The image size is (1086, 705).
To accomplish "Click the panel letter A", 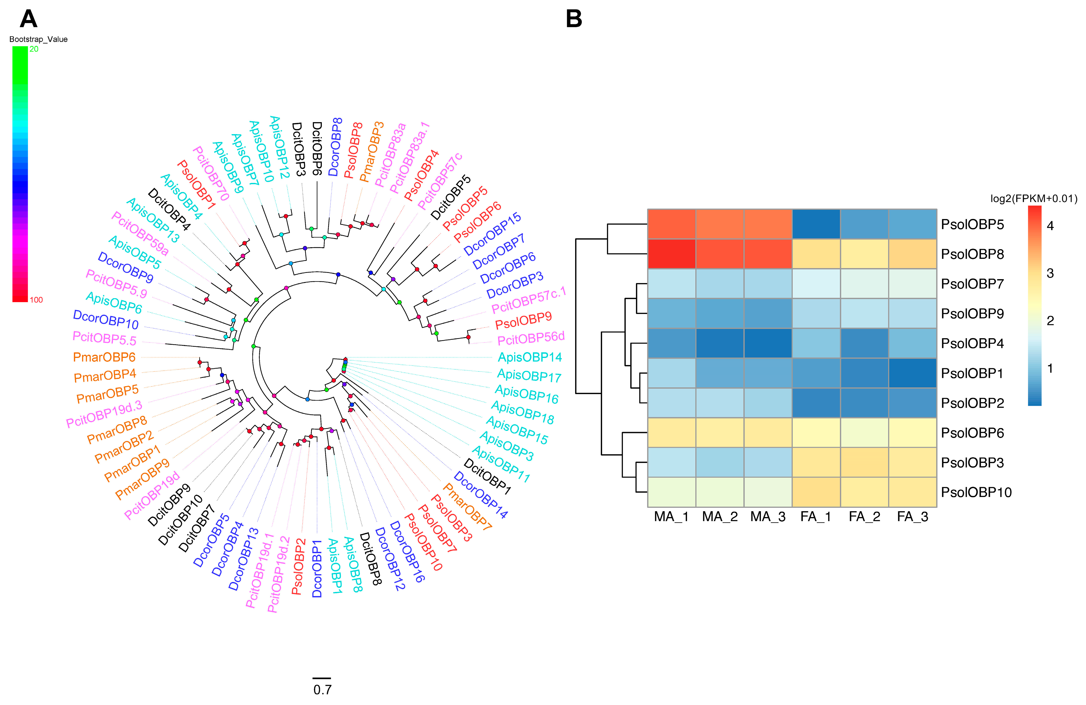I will (28, 19).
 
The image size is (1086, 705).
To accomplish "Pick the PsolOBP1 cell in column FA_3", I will (913, 373).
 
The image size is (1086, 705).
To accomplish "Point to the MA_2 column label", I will (720, 517).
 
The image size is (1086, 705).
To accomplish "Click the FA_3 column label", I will (913, 517).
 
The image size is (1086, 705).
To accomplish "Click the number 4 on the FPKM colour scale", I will (1050, 226).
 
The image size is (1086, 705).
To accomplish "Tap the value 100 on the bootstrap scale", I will (36, 300).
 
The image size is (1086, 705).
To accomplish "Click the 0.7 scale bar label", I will (322, 690).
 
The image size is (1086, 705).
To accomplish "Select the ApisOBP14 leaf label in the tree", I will (529, 357).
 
